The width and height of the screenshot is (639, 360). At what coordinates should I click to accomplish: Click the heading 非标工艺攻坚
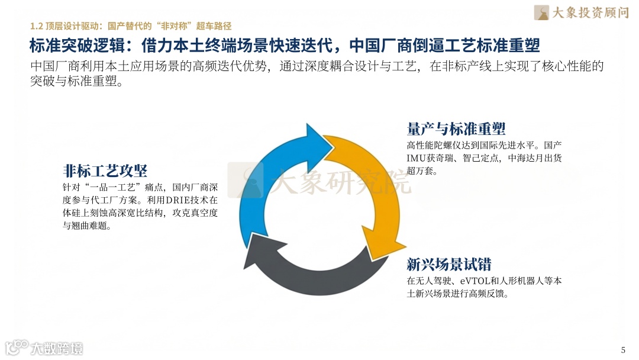click(x=105, y=171)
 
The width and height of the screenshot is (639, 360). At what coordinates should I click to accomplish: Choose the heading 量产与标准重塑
click(x=456, y=128)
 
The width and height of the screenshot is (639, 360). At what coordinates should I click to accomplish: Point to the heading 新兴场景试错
click(x=448, y=264)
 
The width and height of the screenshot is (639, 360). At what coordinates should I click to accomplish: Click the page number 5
click(x=622, y=349)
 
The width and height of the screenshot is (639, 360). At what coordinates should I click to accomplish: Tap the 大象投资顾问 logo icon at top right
click(x=541, y=12)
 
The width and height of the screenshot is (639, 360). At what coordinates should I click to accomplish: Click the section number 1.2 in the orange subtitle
click(x=37, y=26)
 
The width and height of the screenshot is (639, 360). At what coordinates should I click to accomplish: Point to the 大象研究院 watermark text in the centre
click(x=340, y=181)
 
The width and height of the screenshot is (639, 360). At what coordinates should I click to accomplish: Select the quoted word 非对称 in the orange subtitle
click(x=175, y=26)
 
